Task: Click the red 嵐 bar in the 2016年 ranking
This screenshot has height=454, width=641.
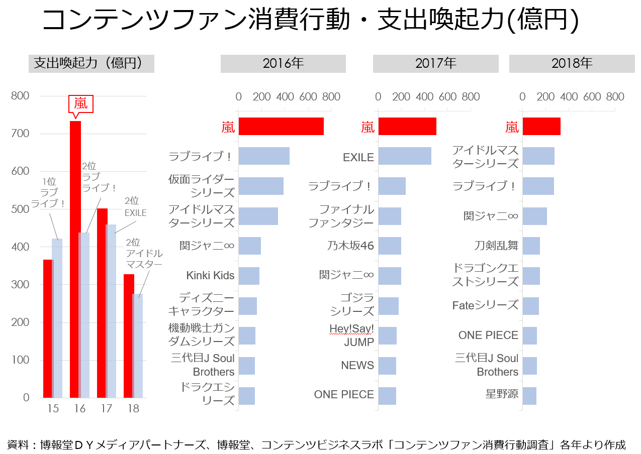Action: pyautogui.click(x=281, y=127)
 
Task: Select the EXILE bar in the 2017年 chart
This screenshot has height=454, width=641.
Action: pyautogui.click(x=404, y=156)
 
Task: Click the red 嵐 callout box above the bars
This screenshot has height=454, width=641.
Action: pyautogui.click(x=81, y=103)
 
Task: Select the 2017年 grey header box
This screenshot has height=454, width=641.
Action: pyautogui.click(x=435, y=64)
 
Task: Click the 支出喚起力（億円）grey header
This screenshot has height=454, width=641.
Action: pyautogui.click(x=91, y=64)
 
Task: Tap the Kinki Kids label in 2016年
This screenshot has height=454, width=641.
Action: pyautogui.click(x=210, y=276)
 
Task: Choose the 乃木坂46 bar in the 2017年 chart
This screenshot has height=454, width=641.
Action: pyautogui.click(x=389, y=246)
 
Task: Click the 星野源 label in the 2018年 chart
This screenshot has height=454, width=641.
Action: pyautogui.click(x=502, y=394)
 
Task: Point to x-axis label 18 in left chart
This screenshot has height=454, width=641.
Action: pyautogui.click(x=133, y=408)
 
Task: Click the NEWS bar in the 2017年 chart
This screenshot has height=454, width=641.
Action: pyautogui.click(x=387, y=366)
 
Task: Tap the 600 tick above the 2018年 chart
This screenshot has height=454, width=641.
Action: pyautogui.click(x=592, y=97)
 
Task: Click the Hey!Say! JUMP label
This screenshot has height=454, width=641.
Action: pyautogui.click(x=351, y=335)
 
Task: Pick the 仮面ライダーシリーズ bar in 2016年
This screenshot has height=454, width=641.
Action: pyautogui.click(x=260, y=186)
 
